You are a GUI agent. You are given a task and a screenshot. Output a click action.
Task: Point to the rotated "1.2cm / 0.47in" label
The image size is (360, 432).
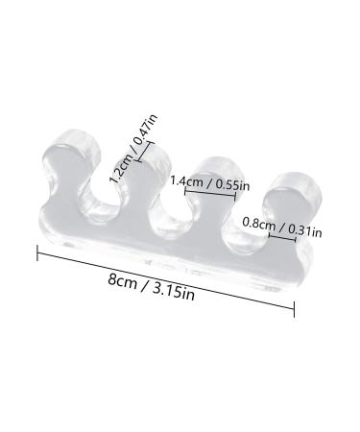(134, 148)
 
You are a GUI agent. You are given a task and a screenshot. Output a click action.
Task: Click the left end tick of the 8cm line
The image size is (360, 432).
(37, 253)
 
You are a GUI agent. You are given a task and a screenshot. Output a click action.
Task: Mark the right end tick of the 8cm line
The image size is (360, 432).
(294, 308)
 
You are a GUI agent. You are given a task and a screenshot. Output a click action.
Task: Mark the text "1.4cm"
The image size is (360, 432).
(183, 180)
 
